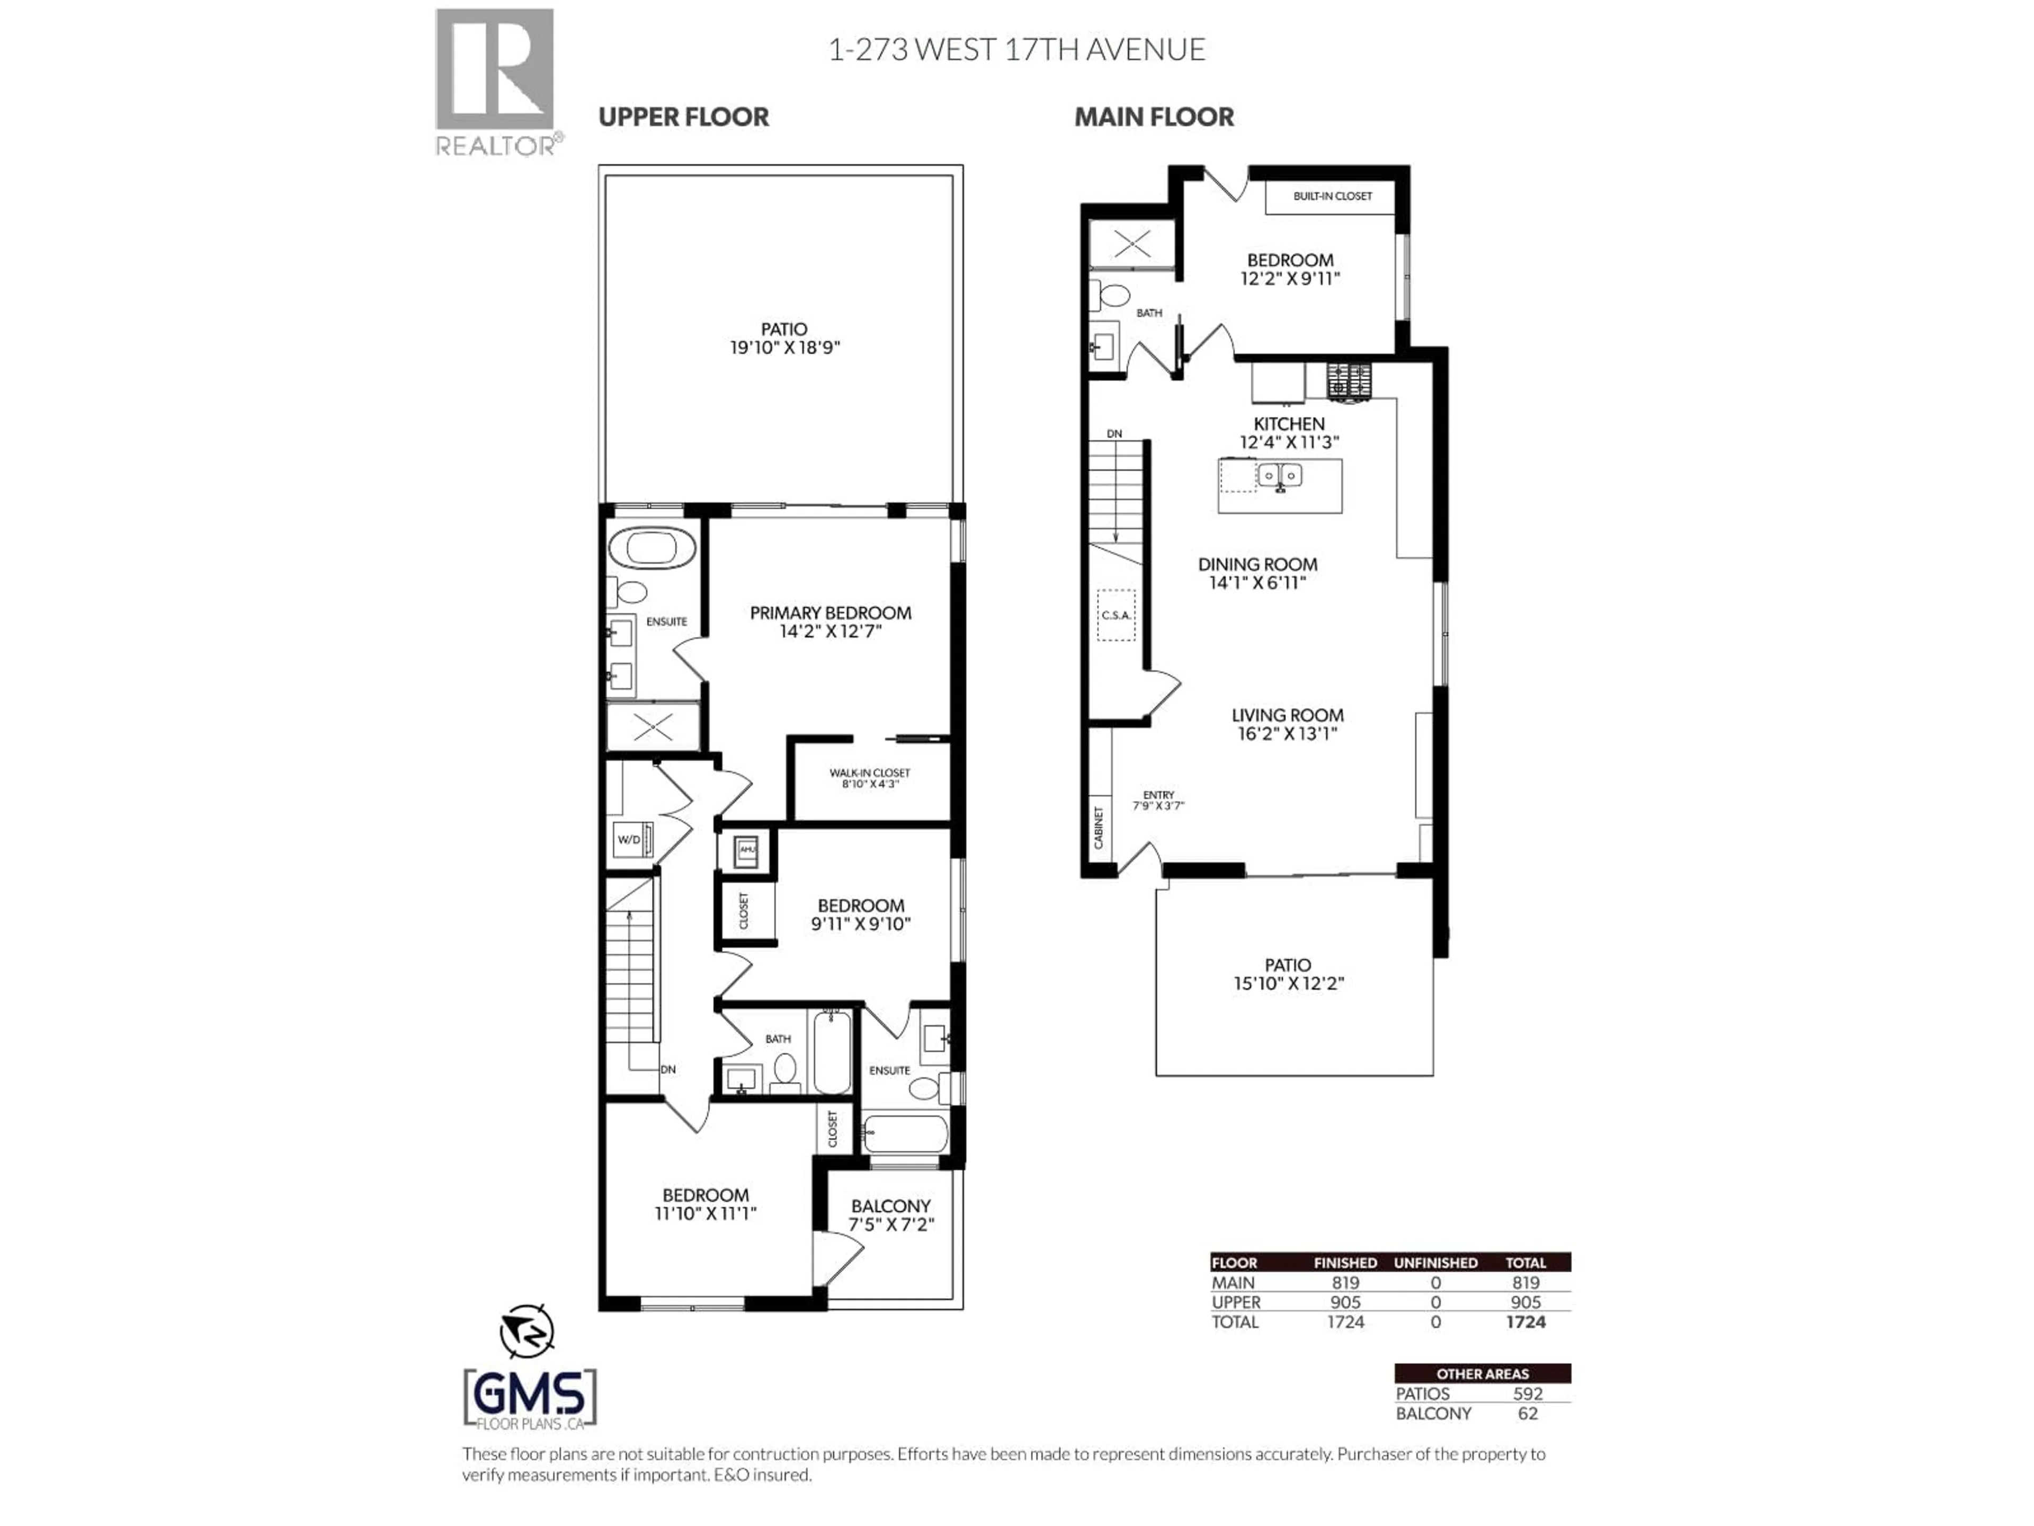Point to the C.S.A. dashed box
pos(1116,615)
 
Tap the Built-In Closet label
pos(1332,196)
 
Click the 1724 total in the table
pos(1525,1322)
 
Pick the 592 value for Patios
pos(1527,1394)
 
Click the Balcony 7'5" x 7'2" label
pos(890,1214)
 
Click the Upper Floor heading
pos(683,117)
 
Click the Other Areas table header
pos(1482,1373)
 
